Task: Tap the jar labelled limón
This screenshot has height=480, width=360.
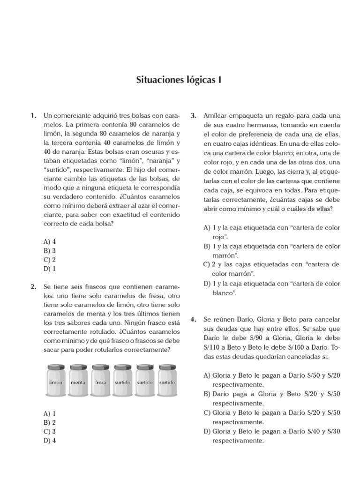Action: [x=56, y=382]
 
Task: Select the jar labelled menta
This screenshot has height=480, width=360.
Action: [x=78, y=382]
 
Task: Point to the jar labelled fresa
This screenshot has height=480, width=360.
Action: [x=101, y=382]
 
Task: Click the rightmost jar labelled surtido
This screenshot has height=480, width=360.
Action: [x=168, y=382]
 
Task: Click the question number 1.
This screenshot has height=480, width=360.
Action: [x=33, y=115]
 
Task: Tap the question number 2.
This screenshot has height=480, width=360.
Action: [x=33, y=286]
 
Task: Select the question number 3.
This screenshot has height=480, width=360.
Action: [x=193, y=115]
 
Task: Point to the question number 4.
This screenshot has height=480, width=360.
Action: [x=193, y=319]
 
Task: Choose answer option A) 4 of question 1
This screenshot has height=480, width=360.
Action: [x=49, y=242]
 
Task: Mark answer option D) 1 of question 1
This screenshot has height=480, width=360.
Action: [x=49, y=269]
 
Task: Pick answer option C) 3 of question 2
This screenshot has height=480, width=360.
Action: [x=49, y=431]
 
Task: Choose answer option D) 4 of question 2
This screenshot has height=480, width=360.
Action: [x=49, y=440]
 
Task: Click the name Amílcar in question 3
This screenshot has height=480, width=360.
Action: [x=216, y=115]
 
